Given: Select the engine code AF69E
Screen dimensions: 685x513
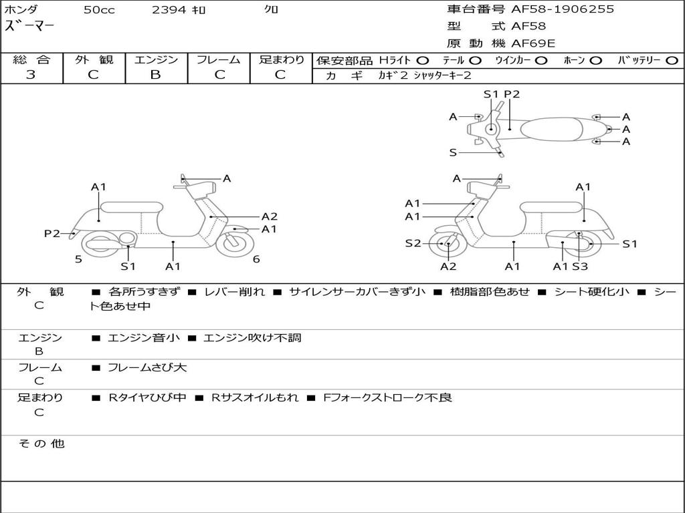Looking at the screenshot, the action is (533, 43).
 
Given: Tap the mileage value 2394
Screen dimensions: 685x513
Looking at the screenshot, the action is (170, 10).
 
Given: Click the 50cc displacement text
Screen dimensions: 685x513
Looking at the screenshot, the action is (99, 10).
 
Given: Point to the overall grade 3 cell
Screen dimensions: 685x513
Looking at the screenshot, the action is (31, 75).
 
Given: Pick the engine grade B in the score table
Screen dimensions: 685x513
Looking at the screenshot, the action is (155, 75).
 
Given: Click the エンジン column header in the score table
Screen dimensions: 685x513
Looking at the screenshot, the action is (156, 59).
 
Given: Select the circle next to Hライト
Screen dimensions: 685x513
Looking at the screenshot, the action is (423, 60).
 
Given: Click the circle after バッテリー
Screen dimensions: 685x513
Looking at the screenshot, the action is (672, 60).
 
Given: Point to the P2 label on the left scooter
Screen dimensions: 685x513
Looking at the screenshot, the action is (52, 233).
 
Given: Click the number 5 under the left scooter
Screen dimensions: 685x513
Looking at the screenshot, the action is (78, 259).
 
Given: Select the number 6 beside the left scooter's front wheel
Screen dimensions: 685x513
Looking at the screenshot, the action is (256, 259).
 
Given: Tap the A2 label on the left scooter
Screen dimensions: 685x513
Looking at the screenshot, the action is (270, 216).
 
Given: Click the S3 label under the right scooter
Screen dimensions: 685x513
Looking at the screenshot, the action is (580, 267).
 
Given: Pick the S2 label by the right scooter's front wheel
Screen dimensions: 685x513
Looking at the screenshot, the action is (413, 243).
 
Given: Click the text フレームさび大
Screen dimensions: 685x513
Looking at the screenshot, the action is (147, 367).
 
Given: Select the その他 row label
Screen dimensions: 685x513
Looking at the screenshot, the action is (41, 444).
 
